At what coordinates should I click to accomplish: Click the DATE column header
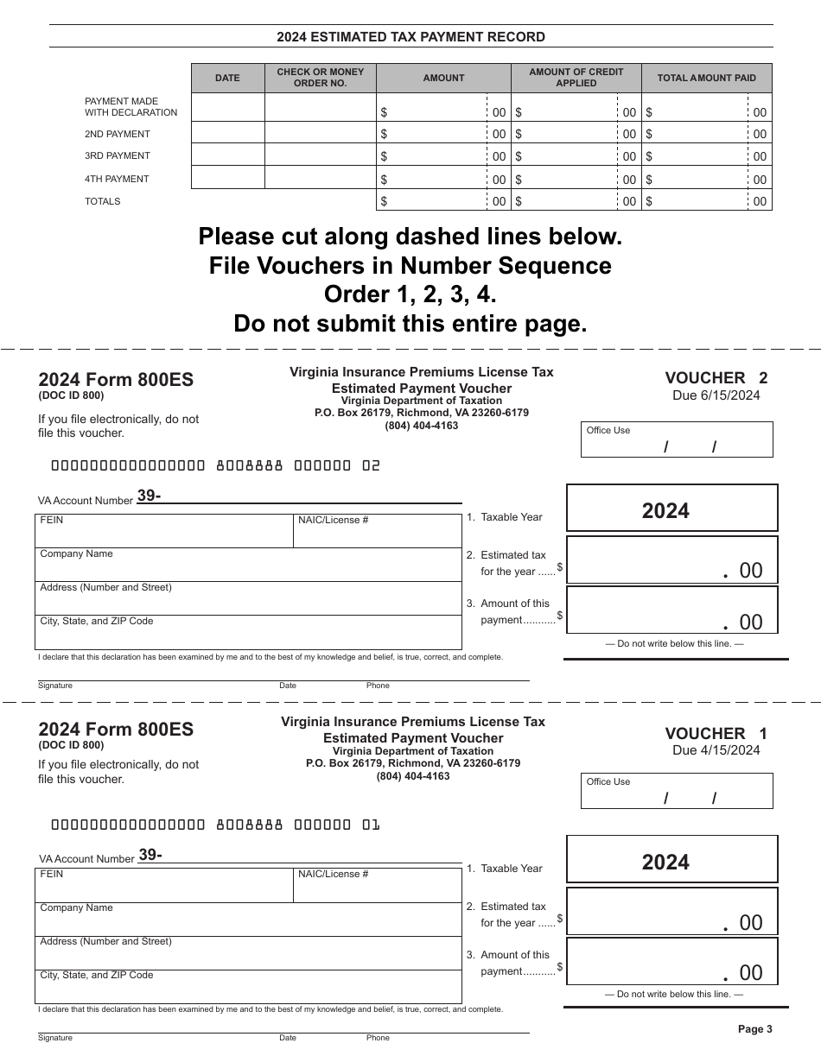227,78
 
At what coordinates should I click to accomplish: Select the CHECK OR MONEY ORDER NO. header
320,78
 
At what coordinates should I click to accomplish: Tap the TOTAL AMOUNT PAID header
706,78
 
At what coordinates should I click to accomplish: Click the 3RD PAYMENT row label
118,156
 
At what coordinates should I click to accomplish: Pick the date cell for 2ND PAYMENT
227,133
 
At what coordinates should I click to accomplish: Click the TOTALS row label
103,201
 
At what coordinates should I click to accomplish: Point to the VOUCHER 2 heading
716,377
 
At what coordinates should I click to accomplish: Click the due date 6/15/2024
716,395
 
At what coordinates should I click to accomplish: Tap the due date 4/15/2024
716,749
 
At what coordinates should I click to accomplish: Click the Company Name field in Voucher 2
249,565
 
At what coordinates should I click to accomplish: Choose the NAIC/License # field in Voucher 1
377,886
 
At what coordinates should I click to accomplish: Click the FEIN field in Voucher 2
164,531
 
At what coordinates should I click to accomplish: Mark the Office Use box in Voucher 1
677,791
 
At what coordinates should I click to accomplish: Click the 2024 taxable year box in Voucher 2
671,509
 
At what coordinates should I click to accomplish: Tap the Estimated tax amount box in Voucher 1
671,911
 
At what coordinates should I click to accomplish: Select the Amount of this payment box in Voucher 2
671,610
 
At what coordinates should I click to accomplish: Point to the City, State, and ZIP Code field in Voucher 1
249,986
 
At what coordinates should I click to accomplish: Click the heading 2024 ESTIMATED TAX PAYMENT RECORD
410,37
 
